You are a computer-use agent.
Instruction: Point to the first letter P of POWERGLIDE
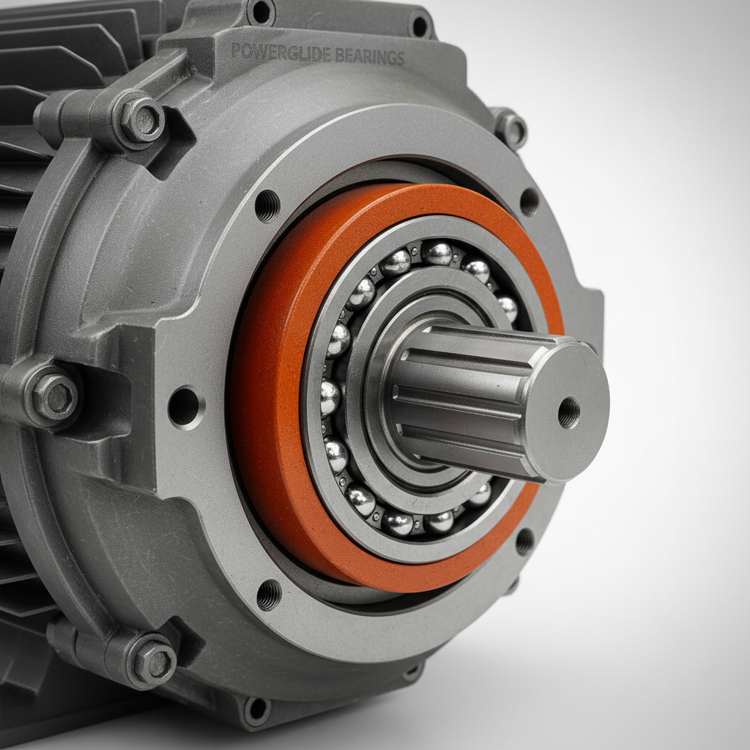236,51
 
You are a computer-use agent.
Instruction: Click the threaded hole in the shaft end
568,412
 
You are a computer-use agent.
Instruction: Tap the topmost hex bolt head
141,119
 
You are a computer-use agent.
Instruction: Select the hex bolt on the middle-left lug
54,396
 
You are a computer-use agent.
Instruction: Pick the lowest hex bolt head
152,661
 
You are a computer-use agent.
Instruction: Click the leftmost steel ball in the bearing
329,396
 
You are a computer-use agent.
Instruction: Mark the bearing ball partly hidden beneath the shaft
480,494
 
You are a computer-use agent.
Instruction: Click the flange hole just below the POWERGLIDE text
267,205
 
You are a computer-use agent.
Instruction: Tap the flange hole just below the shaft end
524,541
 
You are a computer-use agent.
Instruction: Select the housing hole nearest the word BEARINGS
420,26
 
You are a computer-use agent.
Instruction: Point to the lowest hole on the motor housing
256,709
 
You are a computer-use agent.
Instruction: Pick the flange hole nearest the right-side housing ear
529,201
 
